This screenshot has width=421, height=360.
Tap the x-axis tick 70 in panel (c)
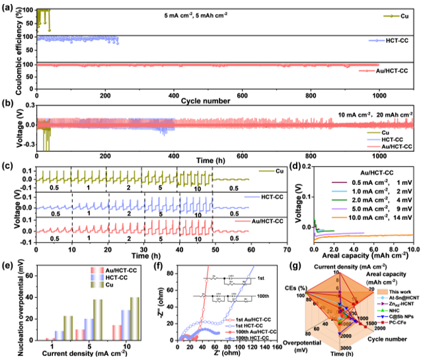(x=286, y=250)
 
